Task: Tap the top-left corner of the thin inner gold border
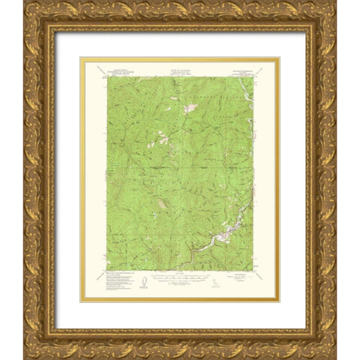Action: point(80,58)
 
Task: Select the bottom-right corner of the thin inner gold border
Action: point(280,301)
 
